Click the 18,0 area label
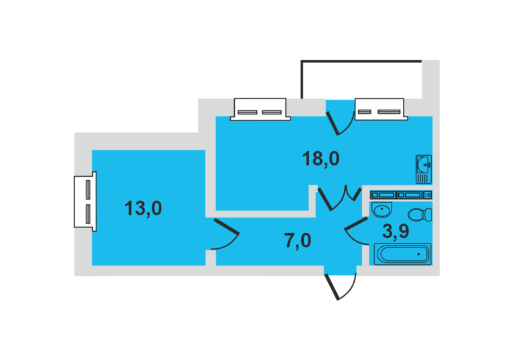point(321,159)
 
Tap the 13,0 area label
point(143,208)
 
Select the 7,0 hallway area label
point(297,241)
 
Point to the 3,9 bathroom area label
point(396,231)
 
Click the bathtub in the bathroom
point(402,254)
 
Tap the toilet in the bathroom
point(420,215)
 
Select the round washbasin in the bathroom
point(381,210)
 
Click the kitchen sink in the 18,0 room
point(424,169)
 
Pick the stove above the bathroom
point(401,195)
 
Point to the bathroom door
point(357,231)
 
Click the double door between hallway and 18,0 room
point(339,198)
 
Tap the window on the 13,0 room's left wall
point(85,201)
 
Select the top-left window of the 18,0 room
point(260,109)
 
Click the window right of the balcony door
point(381,109)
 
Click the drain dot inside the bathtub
point(418,254)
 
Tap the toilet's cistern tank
point(428,215)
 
